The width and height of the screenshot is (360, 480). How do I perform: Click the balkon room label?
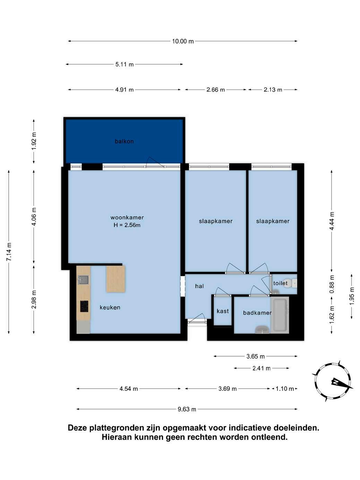click(124, 141)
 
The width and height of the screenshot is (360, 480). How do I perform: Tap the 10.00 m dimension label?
click(183, 41)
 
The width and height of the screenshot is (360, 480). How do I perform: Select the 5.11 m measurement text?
click(125, 65)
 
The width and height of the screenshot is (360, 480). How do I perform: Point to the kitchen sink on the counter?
click(83, 280)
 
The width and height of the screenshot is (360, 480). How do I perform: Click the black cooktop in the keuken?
click(84, 306)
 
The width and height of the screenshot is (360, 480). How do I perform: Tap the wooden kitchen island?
click(115, 279)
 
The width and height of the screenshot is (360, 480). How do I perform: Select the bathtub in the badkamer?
click(280, 315)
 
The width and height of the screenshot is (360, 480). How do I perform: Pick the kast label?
click(223, 311)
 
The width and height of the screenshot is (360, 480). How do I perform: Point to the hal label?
click(199, 286)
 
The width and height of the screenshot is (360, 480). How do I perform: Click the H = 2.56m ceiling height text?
click(127, 225)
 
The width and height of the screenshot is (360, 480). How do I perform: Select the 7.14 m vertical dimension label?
click(9, 252)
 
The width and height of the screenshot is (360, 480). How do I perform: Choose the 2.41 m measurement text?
click(262, 368)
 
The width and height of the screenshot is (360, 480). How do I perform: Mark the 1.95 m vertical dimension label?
click(352, 296)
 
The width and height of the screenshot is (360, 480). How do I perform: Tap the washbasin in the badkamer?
click(262, 329)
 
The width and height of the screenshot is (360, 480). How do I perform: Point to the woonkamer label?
click(127, 217)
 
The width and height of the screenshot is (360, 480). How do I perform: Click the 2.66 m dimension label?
click(215, 90)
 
